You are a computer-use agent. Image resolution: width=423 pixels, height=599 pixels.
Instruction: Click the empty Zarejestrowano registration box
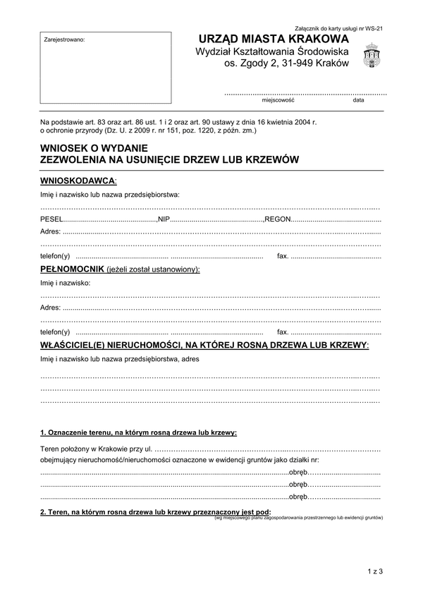click(x=105, y=67)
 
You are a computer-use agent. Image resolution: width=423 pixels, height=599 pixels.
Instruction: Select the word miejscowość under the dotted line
click(x=277, y=100)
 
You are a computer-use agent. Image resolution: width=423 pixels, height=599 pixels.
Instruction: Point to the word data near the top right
click(x=359, y=100)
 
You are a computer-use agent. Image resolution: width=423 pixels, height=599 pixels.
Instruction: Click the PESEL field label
click(x=51, y=219)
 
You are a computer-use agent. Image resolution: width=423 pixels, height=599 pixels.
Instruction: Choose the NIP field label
click(x=164, y=219)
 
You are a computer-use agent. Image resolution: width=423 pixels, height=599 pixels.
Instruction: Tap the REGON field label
click(x=278, y=219)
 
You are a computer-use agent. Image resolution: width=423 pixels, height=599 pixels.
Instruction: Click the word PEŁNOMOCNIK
click(x=73, y=270)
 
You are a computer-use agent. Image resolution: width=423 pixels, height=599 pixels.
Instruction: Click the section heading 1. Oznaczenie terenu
click(x=138, y=432)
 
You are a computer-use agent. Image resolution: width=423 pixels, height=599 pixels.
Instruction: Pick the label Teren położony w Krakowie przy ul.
click(x=96, y=449)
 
